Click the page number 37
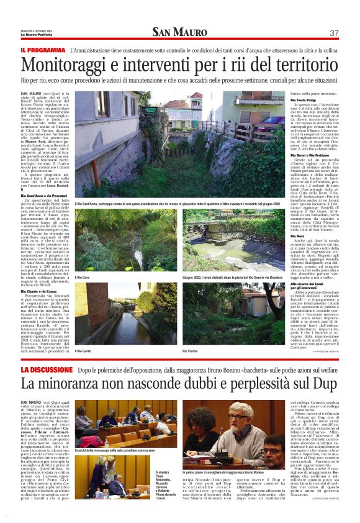point(334,33)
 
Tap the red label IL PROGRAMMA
point(43,50)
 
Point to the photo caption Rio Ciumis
point(190,351)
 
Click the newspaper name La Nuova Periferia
point(38,34)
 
